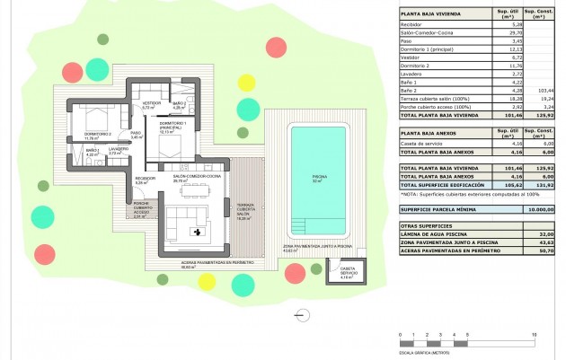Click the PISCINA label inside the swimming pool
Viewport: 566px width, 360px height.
point(320,178)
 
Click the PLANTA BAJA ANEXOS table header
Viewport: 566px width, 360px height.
point(429,132)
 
